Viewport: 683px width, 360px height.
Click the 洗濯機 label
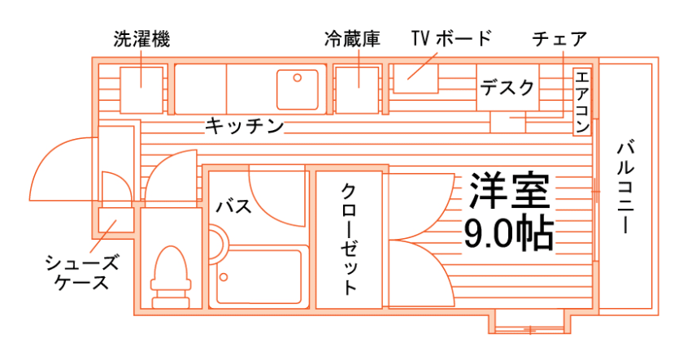(x=142, y=39)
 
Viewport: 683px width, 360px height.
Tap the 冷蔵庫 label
(x=352, y=39)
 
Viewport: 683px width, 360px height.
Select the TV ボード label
(x=451, y=39)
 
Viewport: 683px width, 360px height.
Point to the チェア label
(x=559, y=39)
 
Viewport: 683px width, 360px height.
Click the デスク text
(x=507, y=87)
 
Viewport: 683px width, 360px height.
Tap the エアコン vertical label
(x=582, y=102)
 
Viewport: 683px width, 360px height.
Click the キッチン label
(x=244, y=126)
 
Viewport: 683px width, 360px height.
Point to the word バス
(x=233, y=206)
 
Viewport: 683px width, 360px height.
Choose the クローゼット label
(x=348, y=241)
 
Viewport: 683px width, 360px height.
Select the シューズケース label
(x=81, y=272)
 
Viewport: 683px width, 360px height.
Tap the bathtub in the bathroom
(x=259, y=276)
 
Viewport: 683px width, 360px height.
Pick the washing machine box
(x=142, y=87)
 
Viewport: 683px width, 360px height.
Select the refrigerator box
(x=358, y=88)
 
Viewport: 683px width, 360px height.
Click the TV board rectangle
(x=415, y=78)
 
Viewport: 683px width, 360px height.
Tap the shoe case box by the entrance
(x=116, y=221)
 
